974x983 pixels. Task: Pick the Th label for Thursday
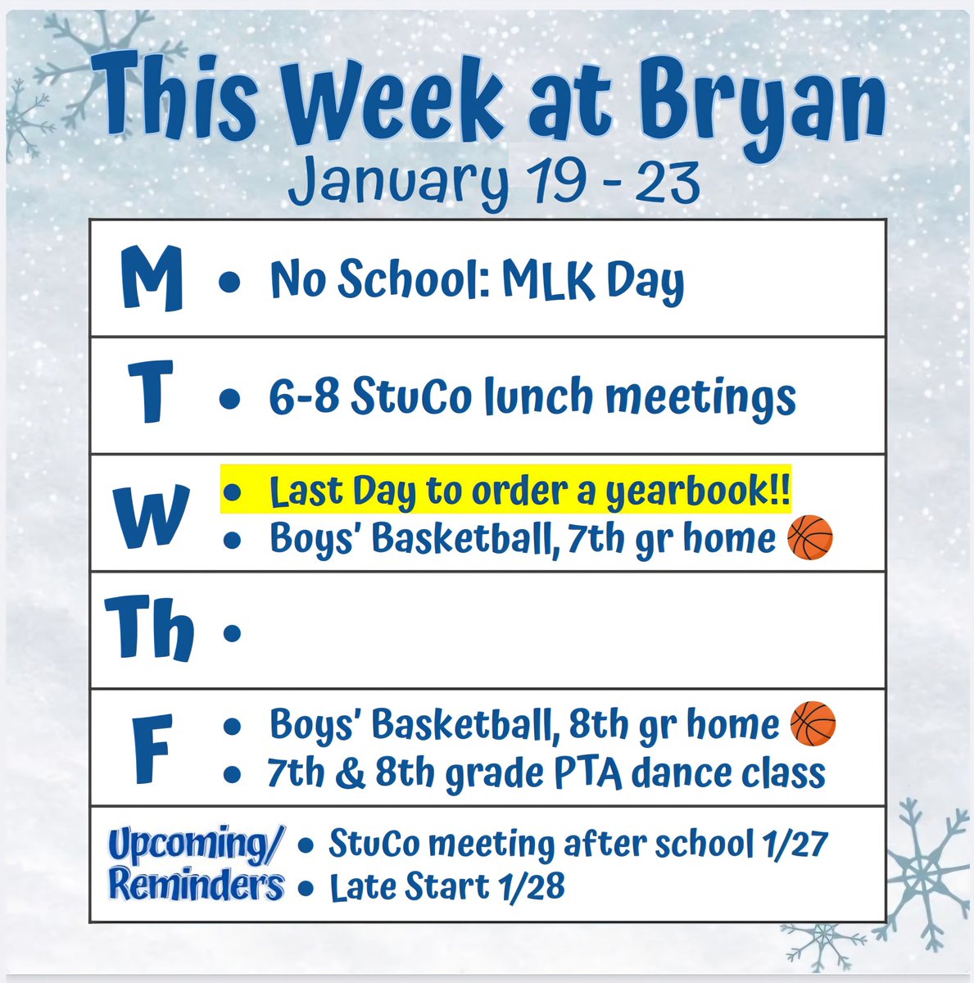150,629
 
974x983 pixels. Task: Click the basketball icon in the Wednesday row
809,539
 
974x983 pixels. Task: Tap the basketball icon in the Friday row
813,724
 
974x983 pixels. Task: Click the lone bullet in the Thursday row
232,632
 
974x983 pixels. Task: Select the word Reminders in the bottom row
197,885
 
